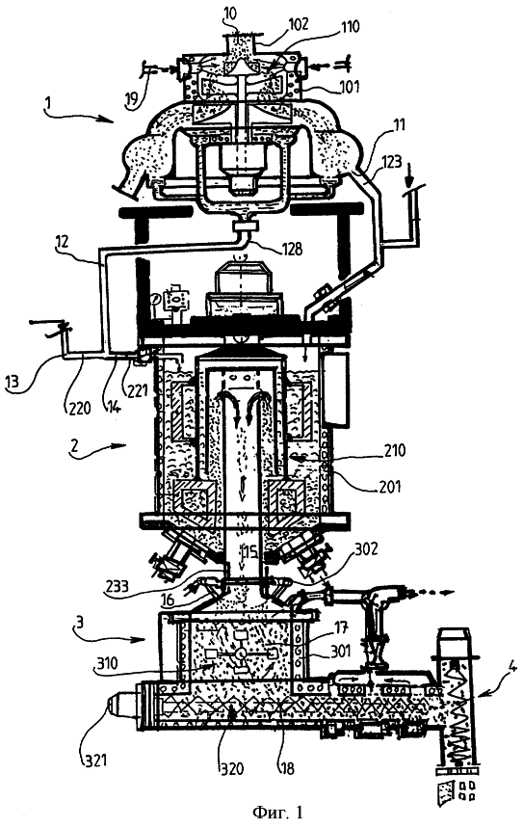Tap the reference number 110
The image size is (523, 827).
(349, 27)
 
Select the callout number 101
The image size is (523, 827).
(349, 85)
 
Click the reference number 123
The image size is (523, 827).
(391, 161)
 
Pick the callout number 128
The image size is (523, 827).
(292, 249)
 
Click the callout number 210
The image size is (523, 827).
(395, 450)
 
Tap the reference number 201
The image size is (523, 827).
(391, 484)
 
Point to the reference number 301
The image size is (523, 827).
(340, 652)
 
